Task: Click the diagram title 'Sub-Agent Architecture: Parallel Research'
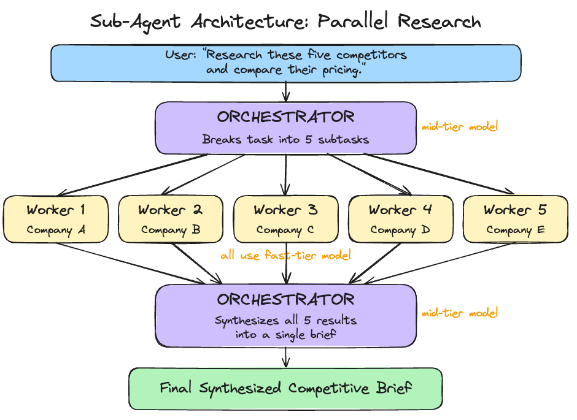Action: [x=285, y=21]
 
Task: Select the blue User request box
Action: [x=285, y=63]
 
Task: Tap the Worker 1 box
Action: [x=56, y=219]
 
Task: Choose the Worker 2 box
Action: [x=171, y=219]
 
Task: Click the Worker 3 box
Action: [x=285, y=219]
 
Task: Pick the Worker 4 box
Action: [x=400, y=219]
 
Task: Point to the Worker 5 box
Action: [x=515, y=219]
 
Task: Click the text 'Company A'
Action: [x=56, y=231]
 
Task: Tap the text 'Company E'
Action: [x=515, y=231]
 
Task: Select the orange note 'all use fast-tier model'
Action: [x=285, y=256]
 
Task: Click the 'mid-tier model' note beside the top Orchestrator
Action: [x=460, y=128]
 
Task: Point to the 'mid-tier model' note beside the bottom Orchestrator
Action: [x=460, y=313]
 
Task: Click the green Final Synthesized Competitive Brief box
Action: [x=285, y=388]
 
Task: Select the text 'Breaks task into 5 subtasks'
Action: [x=285, y=139]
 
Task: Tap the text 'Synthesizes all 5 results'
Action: [x=285, y=320]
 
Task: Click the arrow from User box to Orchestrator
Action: [x=285, y=91]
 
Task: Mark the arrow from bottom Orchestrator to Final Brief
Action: [x=285, y=357]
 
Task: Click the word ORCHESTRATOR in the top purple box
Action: [x=285, y=116]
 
